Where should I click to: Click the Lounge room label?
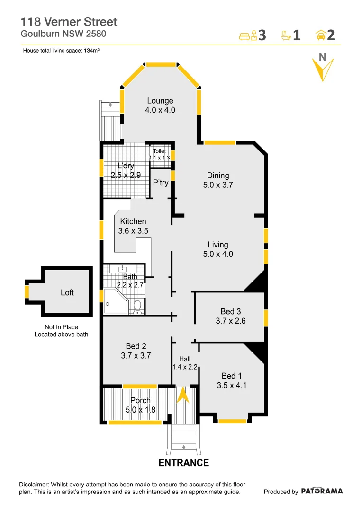[x=160, y=101]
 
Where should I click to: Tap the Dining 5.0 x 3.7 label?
[x=218, y=180]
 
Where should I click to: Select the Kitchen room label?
[x=133, y=221]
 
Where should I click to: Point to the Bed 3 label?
[x=230, y=311]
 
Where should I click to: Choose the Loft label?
[x=67, y=292]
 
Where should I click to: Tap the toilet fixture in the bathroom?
[x=137, y=307]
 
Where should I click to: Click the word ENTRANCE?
[x=183, y=463]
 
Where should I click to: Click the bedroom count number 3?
[x=262, y=35]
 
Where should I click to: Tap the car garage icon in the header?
[x=320, y=35]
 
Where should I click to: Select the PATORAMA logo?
[x=322, y=491]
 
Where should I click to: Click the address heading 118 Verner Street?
[x=69, y=21]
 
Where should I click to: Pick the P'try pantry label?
[x=161, y=183]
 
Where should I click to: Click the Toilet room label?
[x=159, y=151]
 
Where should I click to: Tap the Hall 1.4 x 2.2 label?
[x=185, y=363]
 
